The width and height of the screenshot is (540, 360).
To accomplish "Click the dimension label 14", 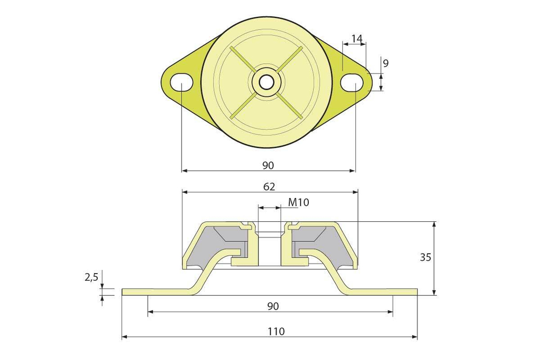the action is (357, 38).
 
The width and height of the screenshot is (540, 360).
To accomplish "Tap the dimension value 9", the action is (386, 63).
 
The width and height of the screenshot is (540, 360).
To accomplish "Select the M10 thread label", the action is (299, 202).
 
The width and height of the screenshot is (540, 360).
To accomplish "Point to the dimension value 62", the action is (269, 187).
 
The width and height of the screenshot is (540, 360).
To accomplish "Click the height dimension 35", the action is (426, 257).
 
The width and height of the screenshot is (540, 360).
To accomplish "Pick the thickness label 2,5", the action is (92, 277).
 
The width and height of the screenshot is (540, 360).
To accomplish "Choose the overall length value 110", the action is (276, 331).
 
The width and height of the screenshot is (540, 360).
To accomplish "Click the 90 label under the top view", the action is (268, 166).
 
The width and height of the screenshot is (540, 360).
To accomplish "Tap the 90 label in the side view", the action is (273, 306).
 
